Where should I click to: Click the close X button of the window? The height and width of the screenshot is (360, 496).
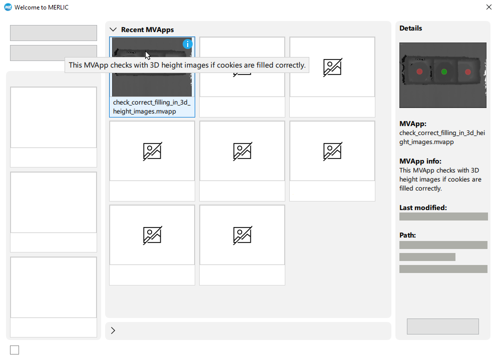[488, 7]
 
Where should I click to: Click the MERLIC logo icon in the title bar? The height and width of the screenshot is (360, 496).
[8, 7]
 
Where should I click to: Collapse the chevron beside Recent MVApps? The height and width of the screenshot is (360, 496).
[113, 29]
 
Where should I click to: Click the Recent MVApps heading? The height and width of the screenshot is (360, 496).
[148, 29]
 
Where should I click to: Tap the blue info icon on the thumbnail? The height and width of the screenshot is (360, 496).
[188, 44]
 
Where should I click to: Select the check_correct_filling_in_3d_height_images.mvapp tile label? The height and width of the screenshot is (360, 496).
[152, 107]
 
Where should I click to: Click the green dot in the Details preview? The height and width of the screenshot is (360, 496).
[444, 71]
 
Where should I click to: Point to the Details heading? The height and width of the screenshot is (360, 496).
[410, 28]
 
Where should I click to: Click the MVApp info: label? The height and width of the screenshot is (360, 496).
[420, 161]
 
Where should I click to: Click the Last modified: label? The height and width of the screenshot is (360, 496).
[423, 207]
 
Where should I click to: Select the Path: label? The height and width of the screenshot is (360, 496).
[407, 235]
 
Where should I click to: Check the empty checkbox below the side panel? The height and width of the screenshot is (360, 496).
[15, 350]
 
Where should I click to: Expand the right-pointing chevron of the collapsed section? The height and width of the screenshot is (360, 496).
[113, 330]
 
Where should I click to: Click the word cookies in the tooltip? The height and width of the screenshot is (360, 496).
[230, 65]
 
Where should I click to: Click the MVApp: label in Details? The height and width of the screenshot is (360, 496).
[413, 123]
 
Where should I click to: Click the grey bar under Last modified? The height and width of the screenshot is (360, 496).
[443, 216]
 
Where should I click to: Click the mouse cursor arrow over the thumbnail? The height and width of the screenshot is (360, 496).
[148, 55]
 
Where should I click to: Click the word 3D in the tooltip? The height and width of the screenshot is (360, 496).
[154, 65]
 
